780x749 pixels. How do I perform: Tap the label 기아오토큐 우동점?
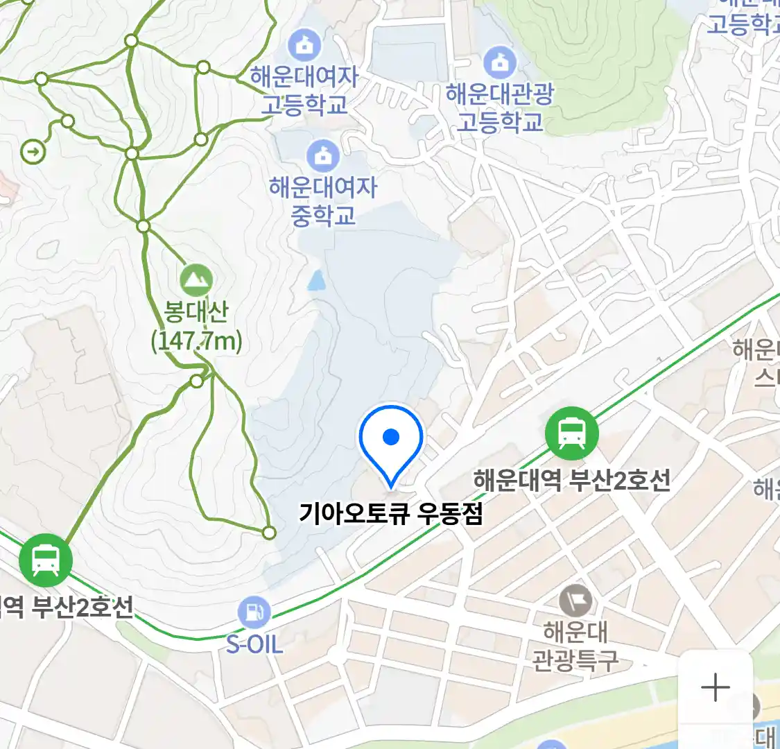click(x=390, y=514)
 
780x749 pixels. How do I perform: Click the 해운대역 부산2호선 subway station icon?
click(x=571, y=433)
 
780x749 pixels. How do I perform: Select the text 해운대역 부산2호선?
click(x=571, y=481)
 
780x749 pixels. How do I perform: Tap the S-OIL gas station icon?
click(x=254, y=613)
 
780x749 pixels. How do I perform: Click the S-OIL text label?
click(x=254, y=645)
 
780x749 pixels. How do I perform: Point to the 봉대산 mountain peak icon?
click(x=196, y=281)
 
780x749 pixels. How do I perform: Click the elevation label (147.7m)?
click(x=196, y=341)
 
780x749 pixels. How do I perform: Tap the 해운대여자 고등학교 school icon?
click(x=304, y=45)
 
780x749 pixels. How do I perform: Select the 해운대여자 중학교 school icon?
click(x=322, y=156)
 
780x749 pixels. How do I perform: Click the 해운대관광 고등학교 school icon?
click(x=499, y=63)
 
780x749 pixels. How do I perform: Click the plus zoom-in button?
click(x=715, y=688)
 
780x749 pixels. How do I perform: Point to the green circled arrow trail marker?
click(x=33, y=151)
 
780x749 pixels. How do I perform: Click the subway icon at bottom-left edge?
click(x=46, y=560)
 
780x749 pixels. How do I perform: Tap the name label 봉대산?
click(x=196, y=313)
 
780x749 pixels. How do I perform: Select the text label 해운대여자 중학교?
click(x=322, y=201)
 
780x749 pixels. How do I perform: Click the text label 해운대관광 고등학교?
click(x=499, y=108)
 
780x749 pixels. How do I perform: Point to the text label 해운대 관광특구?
click(x=575, y=646)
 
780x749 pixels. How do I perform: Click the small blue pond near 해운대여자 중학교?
click(x=316, y=280)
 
